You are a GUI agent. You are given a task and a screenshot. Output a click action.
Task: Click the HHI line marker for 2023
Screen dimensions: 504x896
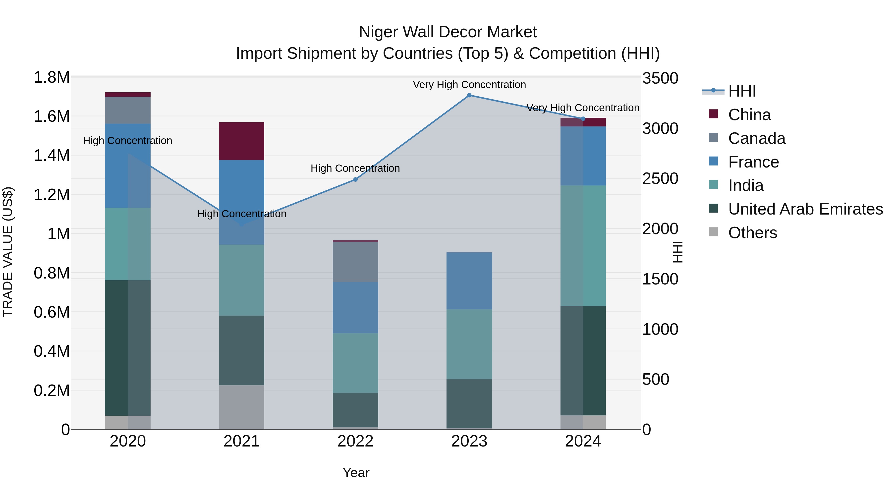click(469, 95)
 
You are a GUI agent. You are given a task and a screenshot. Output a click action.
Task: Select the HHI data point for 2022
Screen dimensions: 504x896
click(355, 179)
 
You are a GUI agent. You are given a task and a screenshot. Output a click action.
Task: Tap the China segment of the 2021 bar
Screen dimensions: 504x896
click(241, 141)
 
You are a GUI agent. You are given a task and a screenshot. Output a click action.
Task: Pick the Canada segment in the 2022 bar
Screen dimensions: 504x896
click(355, 262)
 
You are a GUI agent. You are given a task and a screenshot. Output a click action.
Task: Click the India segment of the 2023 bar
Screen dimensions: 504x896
click(469, 344)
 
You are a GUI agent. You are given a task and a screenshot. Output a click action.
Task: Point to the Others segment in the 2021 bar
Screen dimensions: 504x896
click(241, 407)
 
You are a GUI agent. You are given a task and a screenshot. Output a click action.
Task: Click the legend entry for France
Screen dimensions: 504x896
click(753, 162)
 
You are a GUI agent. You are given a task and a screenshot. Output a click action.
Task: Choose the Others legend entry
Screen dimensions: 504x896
click(752, 233)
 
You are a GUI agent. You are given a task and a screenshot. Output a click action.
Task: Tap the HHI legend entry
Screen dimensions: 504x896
click(742, 91)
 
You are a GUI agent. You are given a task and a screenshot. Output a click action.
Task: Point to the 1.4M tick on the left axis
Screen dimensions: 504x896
click(52, 156)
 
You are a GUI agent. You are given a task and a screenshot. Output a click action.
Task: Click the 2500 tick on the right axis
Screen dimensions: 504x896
click(660, 179)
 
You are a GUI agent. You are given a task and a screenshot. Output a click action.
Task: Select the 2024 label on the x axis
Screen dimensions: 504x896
click(583, 441)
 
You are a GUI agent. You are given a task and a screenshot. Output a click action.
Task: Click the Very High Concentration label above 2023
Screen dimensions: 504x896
click(469, 85)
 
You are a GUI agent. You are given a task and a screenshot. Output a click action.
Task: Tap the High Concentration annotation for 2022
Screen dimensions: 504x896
click(355, 168)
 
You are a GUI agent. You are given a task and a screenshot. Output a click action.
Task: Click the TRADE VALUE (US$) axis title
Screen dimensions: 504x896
click(8, 252)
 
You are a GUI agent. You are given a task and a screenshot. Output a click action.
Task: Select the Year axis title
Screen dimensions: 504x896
click(356, 473)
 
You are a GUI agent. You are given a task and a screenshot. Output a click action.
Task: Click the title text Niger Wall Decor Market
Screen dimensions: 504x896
click(448, 32)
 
